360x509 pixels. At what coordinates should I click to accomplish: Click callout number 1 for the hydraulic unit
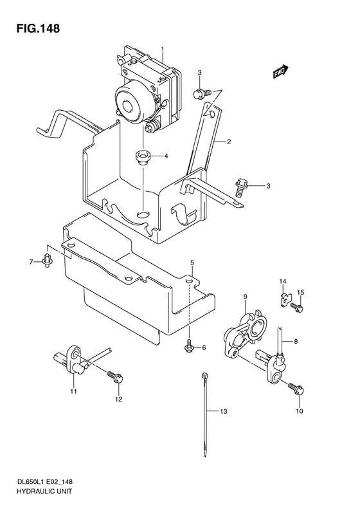coord(163,50)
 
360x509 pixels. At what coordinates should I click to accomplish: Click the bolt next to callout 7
coord(48,260)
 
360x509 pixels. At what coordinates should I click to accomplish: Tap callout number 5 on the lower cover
coord(192,263)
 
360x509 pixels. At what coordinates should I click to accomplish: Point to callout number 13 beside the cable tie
coord(224,411)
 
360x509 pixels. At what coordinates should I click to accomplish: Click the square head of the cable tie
coord(204,375)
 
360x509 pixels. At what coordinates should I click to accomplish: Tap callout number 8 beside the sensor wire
coord(296,342)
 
